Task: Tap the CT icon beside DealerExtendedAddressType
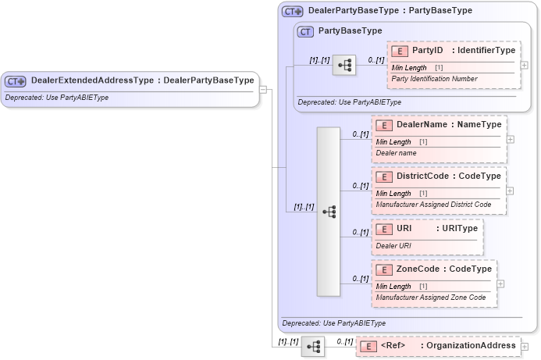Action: pos(16,80)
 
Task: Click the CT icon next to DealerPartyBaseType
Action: pos(293,12)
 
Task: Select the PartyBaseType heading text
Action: pos(351,31)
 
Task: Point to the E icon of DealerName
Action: pos(384,125)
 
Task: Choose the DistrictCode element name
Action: pos(422,176)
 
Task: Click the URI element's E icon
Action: pos(384,228)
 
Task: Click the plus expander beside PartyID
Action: pos(524,66)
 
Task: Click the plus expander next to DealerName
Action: pos(510,139)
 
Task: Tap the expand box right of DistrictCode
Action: pos(510,190)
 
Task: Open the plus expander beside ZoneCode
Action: pos(500,283)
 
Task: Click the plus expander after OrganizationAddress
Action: pos(525,346)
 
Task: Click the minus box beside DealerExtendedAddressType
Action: pos(263,89)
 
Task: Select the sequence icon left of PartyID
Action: pos(343,66)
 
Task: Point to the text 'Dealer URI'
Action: pos(393,246)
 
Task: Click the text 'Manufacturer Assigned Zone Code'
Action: pos(430,298)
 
